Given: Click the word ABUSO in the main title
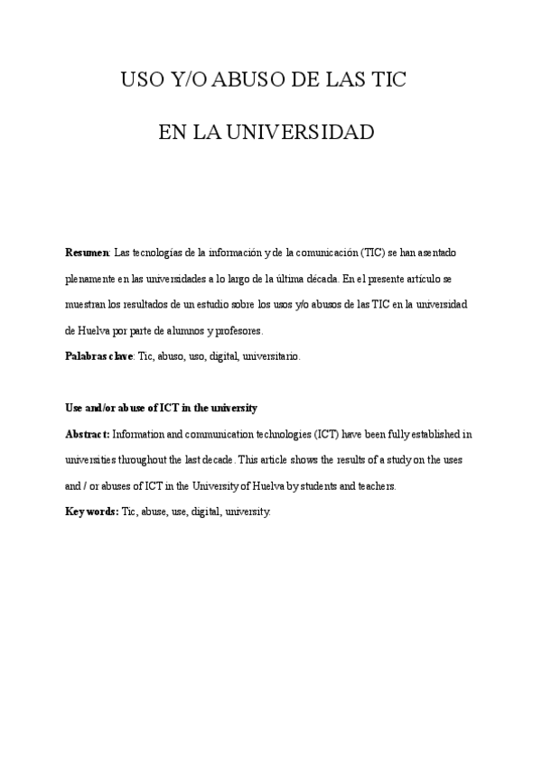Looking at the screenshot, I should [x=229, y=80].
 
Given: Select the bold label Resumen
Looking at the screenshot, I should [x=88, y=252].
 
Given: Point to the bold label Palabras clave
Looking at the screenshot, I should [x=98, y=355].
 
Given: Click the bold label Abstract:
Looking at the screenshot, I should [x=88, y=434].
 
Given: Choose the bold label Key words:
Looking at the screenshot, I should [x=92, y=511].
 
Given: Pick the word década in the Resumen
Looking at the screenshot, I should [x=322, y=278].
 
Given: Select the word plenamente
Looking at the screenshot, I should [x=92, y=278].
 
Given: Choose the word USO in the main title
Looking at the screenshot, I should [x=142, y=80].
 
